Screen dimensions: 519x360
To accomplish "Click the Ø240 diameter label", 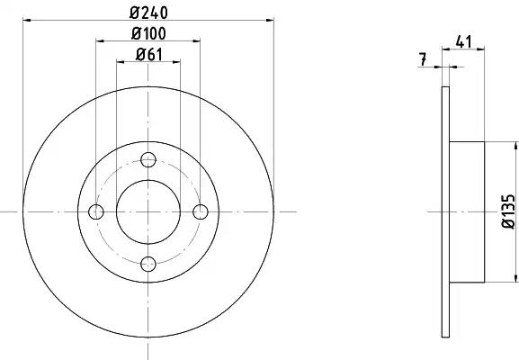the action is point(148,13).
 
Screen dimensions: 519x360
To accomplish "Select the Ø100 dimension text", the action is point(148,33).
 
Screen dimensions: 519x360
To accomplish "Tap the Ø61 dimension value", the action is point(149,54).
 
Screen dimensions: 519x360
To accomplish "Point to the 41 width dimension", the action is point(463,41).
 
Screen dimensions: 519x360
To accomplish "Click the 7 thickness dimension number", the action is point(422,59).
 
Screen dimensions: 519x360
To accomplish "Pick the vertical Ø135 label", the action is point(509,211).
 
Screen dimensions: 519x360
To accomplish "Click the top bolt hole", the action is point(148,159).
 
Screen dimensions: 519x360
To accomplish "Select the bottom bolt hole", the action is point(148,264).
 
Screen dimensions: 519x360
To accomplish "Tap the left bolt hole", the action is point(96,212).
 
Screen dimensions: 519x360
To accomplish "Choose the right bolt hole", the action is point(201,212).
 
